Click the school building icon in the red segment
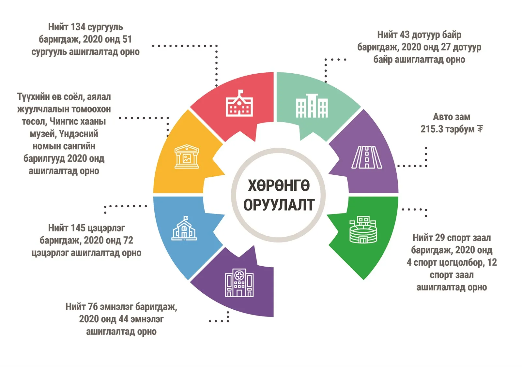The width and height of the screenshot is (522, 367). pos(239,103)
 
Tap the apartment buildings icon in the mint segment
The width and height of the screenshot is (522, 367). pos(312,106)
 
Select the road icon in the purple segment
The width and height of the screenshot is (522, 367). pos(367,157)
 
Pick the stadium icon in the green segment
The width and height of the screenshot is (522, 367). pos(363,229)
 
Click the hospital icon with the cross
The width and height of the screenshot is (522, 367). pos(239,283)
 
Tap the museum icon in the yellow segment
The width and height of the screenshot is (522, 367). pos(187,156)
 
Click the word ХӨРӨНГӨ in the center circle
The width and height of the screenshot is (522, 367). pos(279,185)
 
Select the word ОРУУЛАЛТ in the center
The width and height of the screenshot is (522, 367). pos(279,205)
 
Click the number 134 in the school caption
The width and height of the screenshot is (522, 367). pos(78,27)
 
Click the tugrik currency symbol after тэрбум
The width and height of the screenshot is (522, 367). pos(480,129)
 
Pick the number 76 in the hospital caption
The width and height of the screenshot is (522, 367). pos(93,307)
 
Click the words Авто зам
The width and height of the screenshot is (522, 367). pos(452,117)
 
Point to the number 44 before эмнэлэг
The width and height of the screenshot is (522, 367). pos(124,319)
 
